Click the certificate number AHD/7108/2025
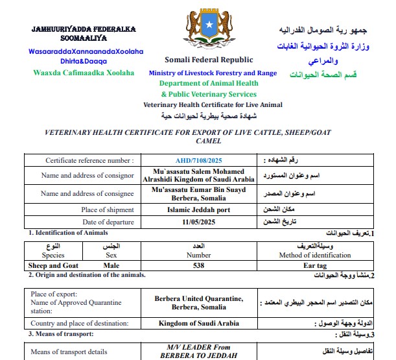coord(199,160)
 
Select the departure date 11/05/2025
coord(199,222)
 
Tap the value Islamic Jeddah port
coord(199,210)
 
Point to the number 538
coord(199,265)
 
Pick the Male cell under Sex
coord(111,265)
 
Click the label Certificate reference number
coord(89,160)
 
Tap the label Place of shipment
coord(108,210)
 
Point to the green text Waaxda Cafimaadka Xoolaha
coord(84,72)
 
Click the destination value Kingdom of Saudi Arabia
coord(198,323)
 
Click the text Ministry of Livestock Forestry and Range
coord(213,73)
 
